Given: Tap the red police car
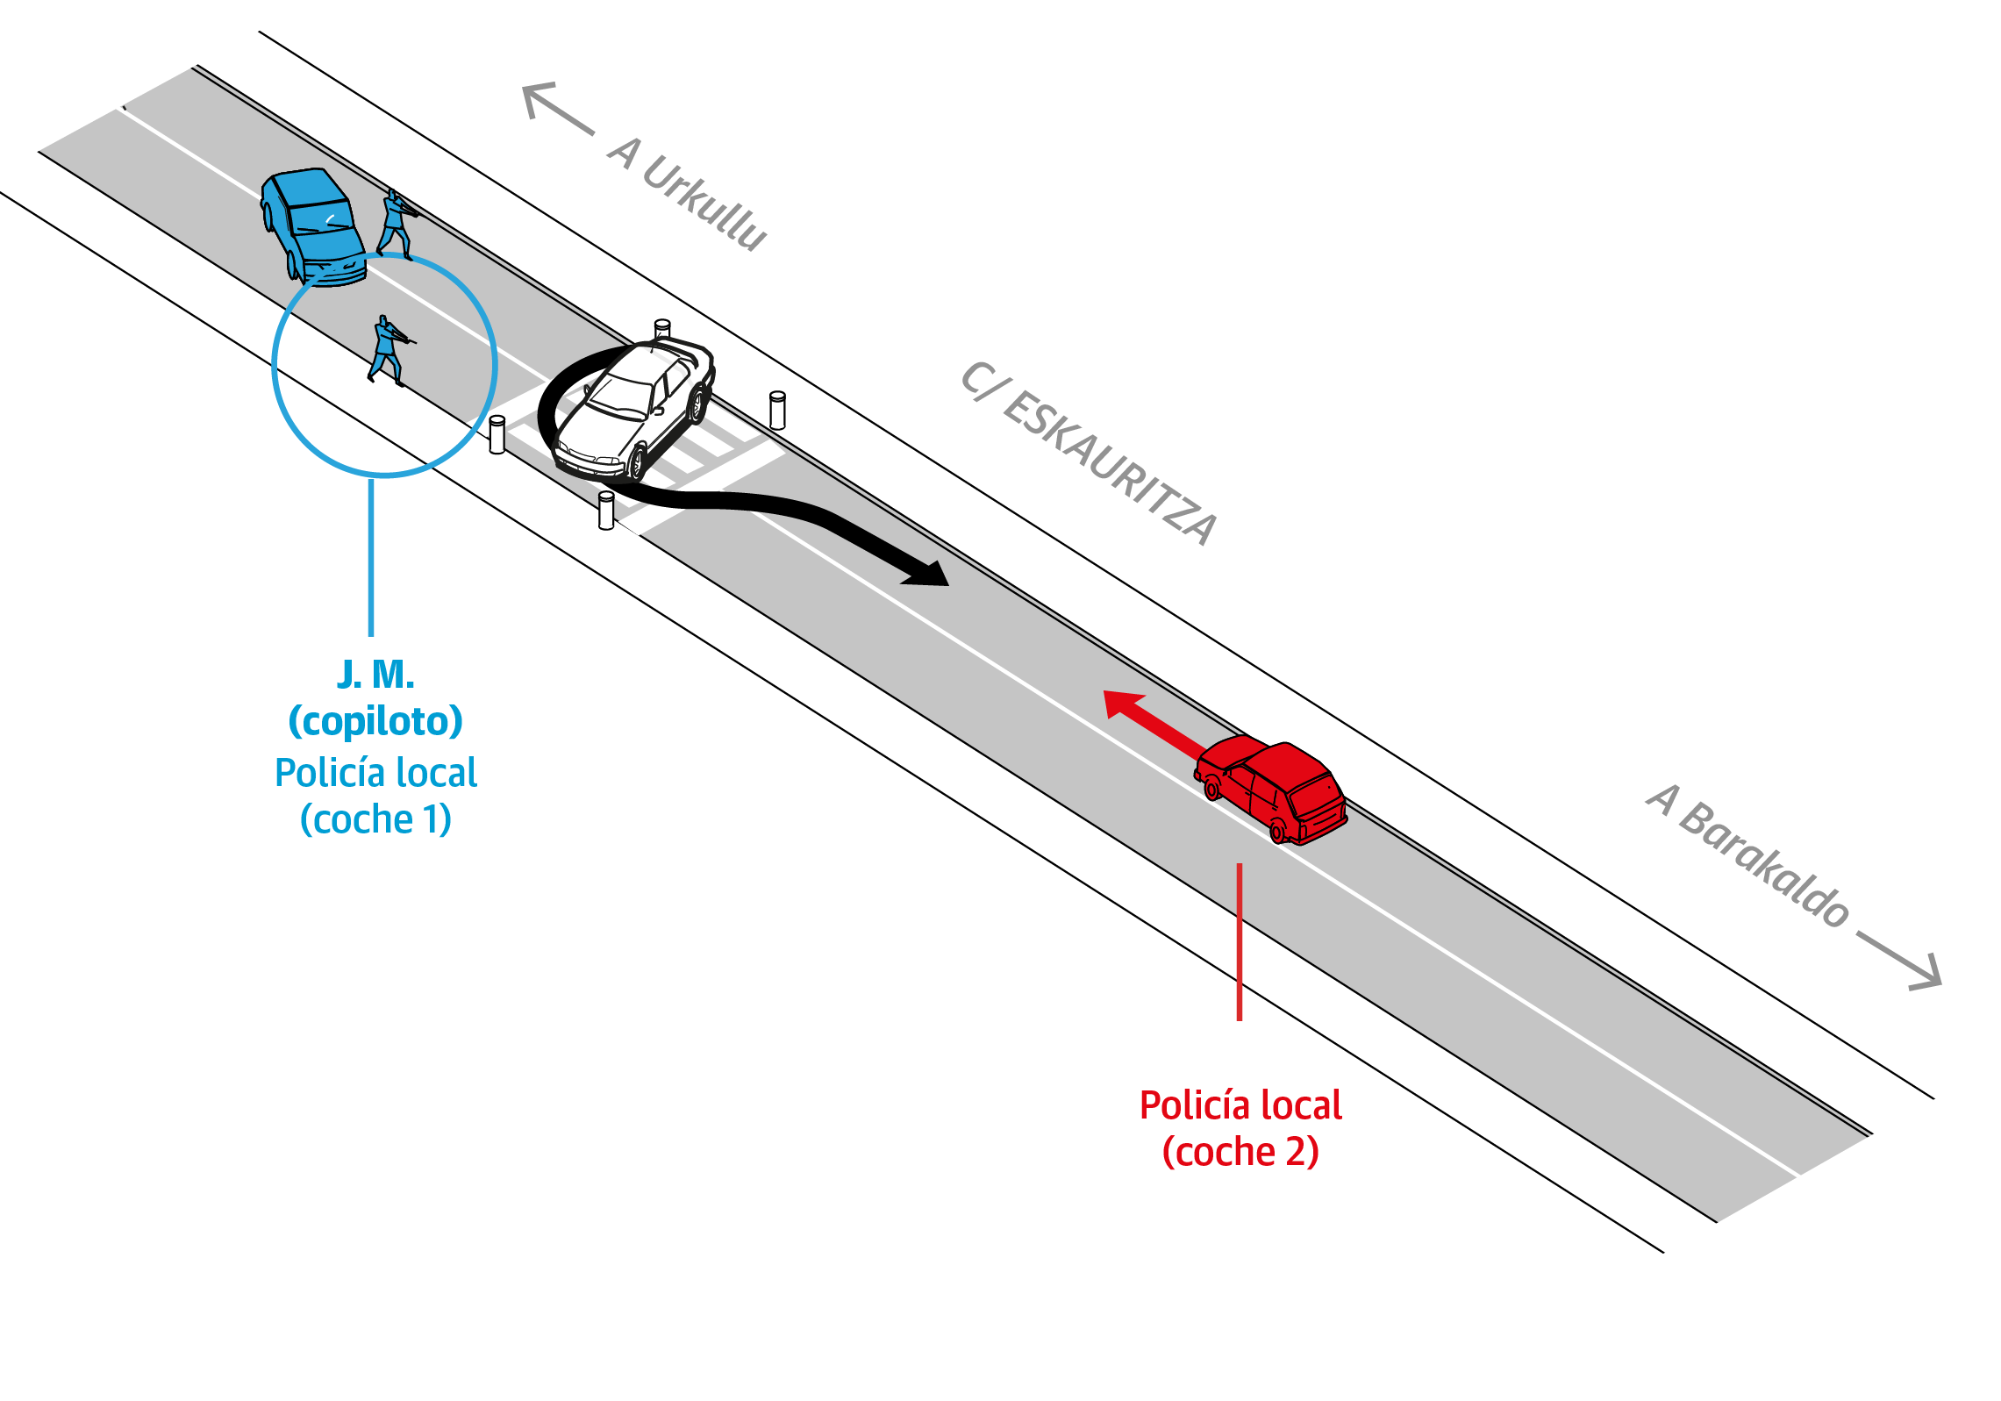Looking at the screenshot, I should coord(1272,790).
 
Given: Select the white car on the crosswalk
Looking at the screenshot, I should coord(636,408).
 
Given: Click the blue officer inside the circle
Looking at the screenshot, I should coord(387,351).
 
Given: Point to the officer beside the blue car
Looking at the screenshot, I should coord(396,225).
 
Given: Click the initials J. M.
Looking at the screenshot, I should coord(375,675).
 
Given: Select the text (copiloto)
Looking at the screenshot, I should coord(375,721).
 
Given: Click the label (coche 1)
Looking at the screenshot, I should coord(375,819).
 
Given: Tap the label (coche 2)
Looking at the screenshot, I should coord(1240,1152).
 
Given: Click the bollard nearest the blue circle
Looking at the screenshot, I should coord(497,434).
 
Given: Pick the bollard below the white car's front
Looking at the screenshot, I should coord(606,510).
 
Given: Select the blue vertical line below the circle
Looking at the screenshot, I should coord(371,557).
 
